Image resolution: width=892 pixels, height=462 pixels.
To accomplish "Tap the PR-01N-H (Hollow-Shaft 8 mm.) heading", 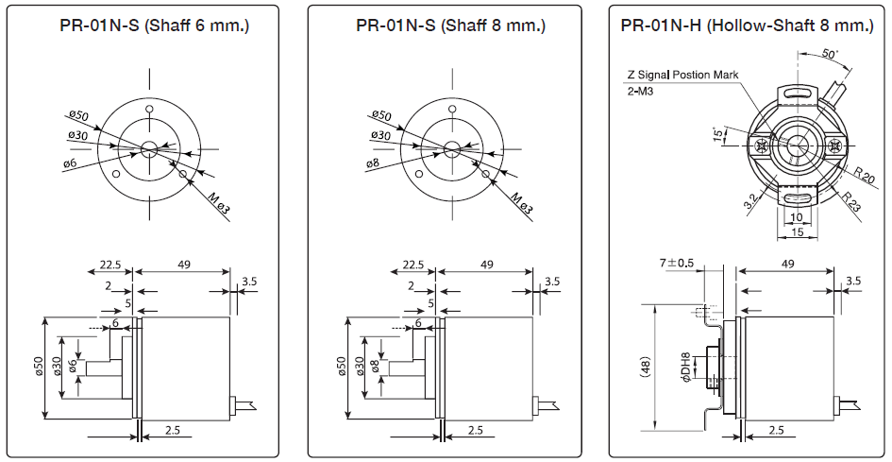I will click(x=747, y=26).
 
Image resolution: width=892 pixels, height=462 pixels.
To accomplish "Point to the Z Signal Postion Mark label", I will click(x=682, y=75).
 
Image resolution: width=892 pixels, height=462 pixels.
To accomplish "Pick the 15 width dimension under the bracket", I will click(x=797, y=231).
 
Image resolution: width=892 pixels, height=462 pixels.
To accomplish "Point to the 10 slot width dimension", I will click(x=796, y=216).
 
